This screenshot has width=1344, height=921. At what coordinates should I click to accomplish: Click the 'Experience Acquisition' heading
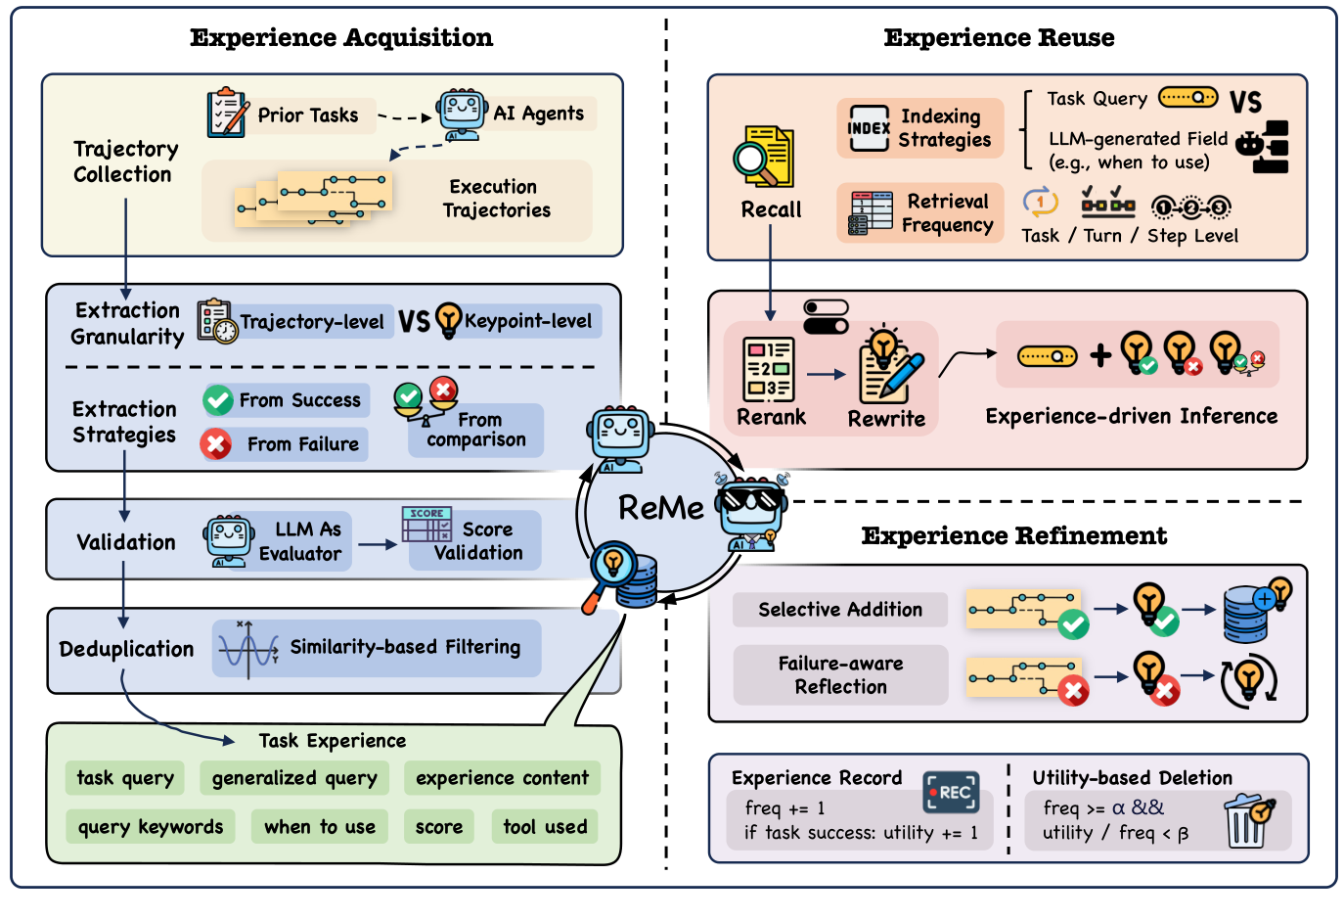[x=341, y=38]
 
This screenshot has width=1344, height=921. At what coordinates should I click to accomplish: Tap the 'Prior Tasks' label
[x=307, y=115]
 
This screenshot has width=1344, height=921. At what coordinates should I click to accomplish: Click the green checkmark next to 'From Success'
[x=217, y=400]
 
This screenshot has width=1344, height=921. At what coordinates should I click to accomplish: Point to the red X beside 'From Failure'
[x=215, y=444]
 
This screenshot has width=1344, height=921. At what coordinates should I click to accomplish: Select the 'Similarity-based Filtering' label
[x=405, y=647]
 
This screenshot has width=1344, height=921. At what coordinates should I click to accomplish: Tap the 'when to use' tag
[x=320, y=827]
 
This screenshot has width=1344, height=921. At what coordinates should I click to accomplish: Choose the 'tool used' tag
[x=545, y=827]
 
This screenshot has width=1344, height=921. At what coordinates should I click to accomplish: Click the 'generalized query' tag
[x=294, y=778]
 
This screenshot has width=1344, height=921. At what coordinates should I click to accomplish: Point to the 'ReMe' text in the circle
[x=660, y=508]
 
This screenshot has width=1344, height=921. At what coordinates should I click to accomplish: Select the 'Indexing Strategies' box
[x=920, y=128]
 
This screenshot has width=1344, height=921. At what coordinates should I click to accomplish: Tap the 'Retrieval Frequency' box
[x=920, y=212]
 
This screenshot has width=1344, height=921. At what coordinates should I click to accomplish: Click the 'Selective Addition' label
[x=840, y=610]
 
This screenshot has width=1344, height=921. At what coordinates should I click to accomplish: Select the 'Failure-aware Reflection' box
[x=840, y=675]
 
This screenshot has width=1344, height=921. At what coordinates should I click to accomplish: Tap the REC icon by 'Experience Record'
[x=951, y=792]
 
